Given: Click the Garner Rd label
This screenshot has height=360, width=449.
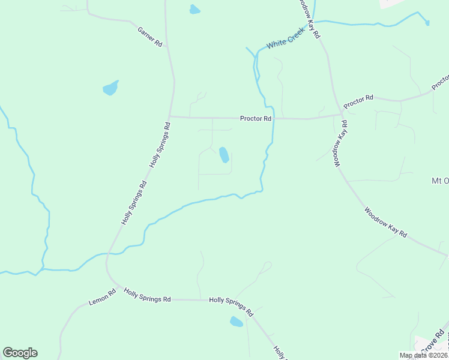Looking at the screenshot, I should pyautogui.click(x=150, y=37).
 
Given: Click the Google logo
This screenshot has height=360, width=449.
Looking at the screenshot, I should pyautogui.click(x=20, y=353).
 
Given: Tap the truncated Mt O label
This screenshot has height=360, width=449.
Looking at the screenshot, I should pyautogui.click(x=440, y=181).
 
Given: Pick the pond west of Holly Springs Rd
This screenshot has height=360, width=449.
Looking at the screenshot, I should pyautogui.click(x=110, y=88).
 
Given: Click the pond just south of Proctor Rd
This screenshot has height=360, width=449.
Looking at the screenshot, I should pyautogui.click(x=224, y=155).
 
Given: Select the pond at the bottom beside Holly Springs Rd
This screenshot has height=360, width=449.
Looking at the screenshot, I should pyautogui.click(x=237, y=322).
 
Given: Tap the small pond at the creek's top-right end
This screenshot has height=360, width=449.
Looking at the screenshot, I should pyautogui.click(x=427, y=23).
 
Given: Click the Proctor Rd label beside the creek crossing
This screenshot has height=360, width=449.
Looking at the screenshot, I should pyautogui.click(x=256, y=118).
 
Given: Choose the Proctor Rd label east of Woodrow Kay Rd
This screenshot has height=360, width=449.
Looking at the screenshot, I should pyautogui.click(x=358, y=101).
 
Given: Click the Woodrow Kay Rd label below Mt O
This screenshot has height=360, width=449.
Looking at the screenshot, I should pyautogui.click(x=385, y=222).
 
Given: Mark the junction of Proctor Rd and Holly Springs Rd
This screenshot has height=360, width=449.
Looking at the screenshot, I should pyautogui.click(x=170, y=116).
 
